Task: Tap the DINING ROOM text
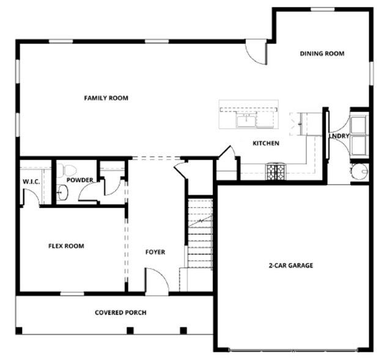(x=322, y=54)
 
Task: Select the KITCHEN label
(x=266, y=143)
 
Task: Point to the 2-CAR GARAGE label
(x=290, y=266)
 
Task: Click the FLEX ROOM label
(x=66, y=246)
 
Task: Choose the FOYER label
(x=155, y=252)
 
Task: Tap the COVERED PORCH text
(x=120, y=312)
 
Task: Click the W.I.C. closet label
(x=31, y=181)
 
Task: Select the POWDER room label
(x=80, y=180)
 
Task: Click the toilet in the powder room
(x=68, y=168)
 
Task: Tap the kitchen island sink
(x=247, y=119)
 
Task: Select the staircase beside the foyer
(x=199, y=236)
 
